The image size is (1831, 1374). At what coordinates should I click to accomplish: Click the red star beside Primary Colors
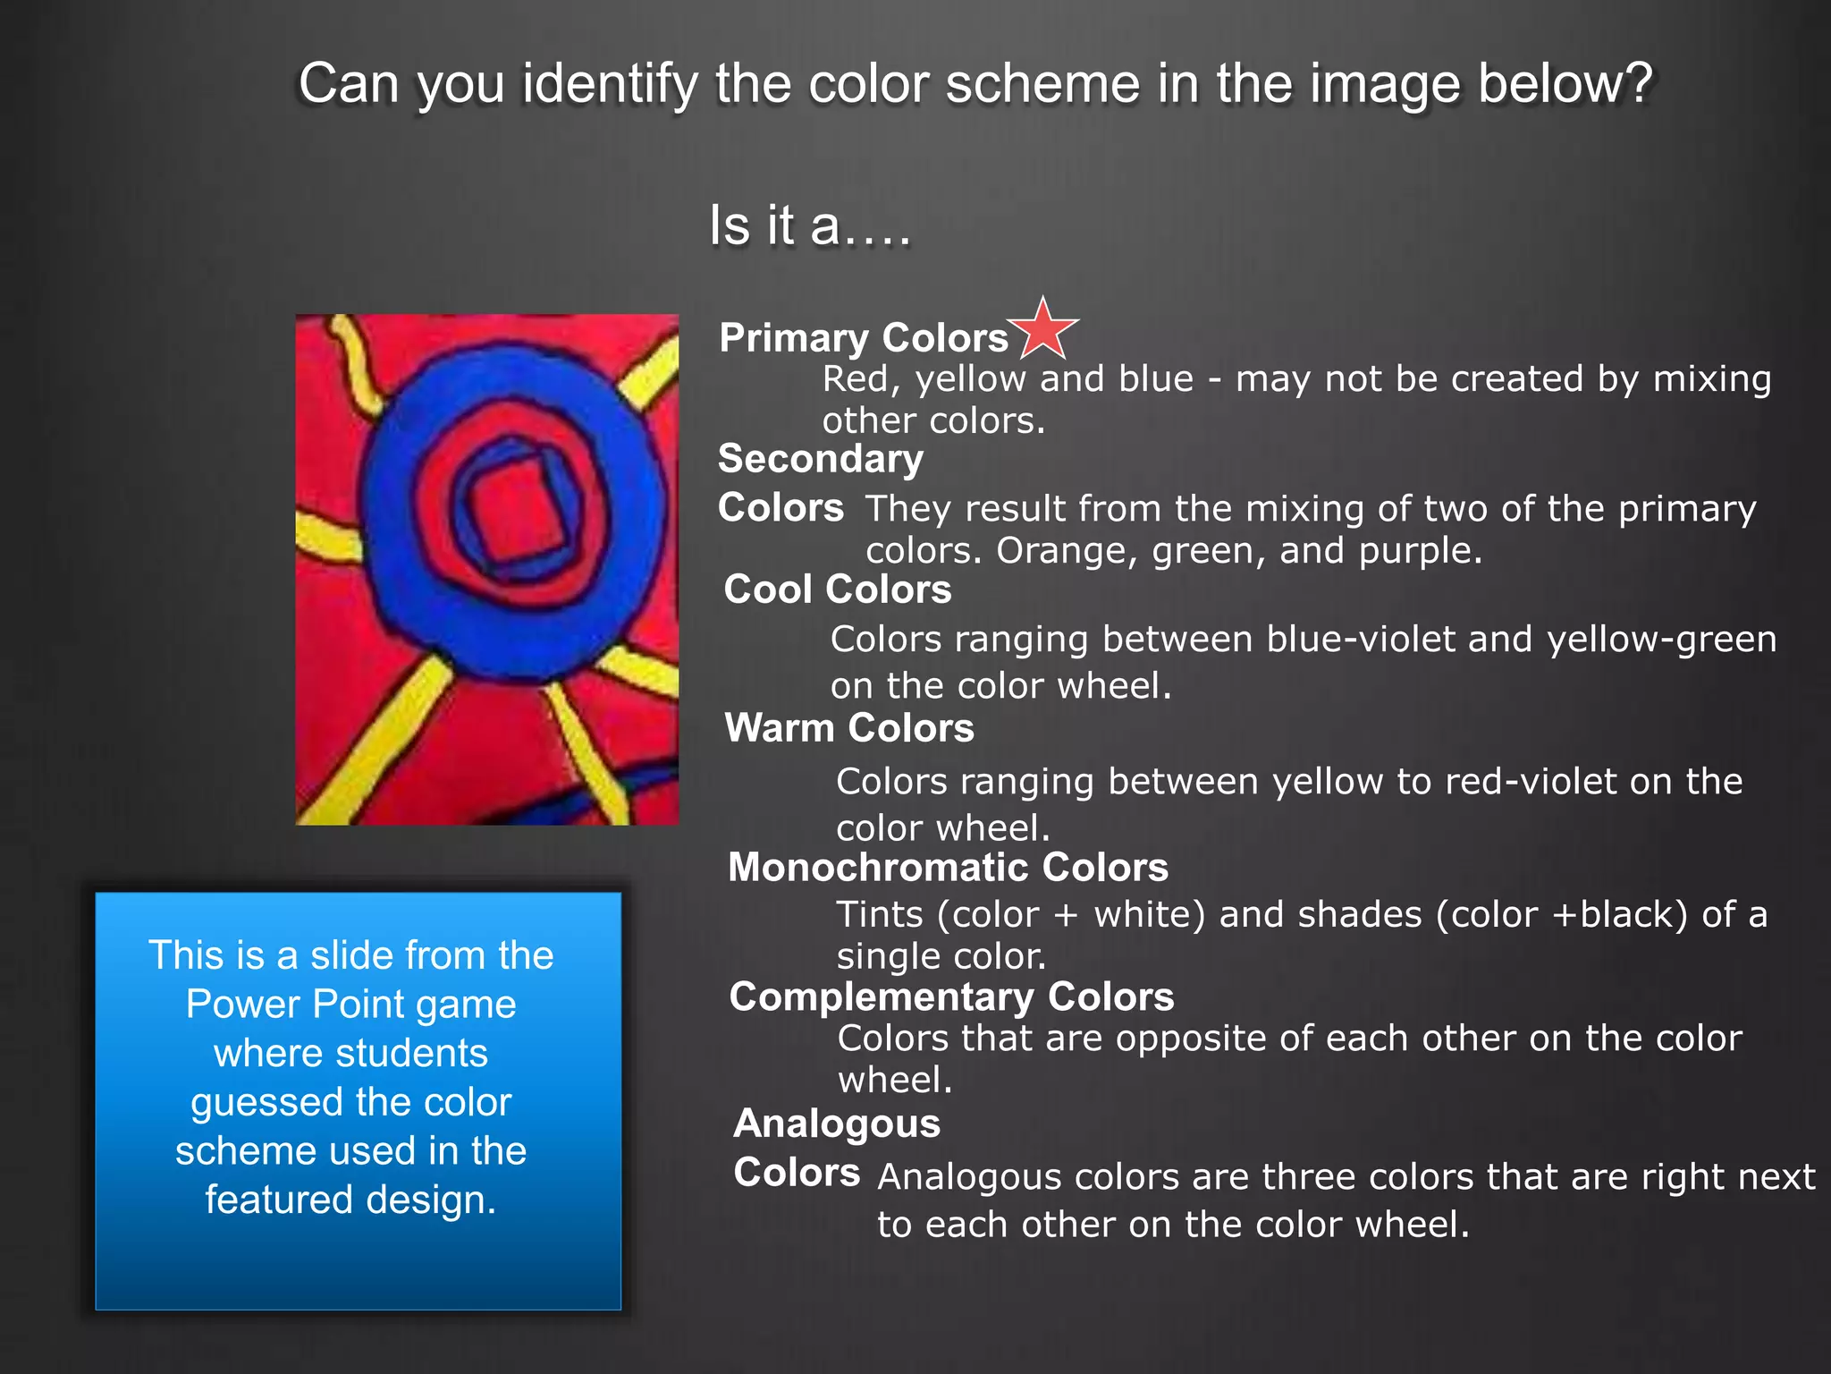pos(1042,329)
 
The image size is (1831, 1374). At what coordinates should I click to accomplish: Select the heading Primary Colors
pos(864,338)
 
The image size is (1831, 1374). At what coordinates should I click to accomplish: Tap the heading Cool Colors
pos(838,589)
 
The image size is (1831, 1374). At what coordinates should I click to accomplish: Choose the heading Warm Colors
pos(849,728)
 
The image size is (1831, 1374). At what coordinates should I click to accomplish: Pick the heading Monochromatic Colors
pos(948,868)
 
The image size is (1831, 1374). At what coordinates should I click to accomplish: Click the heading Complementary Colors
pos(951,997)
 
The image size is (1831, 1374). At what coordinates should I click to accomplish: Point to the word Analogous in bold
pos(837,1124)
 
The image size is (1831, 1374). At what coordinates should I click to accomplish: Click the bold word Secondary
pos(821,459)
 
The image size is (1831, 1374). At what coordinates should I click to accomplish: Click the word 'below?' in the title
pos(1565,84)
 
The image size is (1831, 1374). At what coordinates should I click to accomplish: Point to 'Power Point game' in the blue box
pos(350,1005)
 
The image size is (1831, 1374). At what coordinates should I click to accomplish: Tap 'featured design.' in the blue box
pos(350,1200)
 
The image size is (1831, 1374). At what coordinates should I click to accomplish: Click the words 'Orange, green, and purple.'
pos(1239,551)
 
